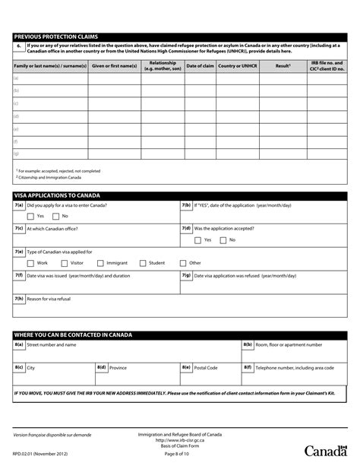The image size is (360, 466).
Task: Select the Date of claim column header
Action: point(200,66)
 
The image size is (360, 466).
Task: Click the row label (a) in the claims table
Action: point(16,78)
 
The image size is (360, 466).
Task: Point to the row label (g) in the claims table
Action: point(16,154)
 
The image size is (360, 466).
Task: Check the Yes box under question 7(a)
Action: point(30,216)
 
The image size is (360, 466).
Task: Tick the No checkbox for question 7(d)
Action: point(223,239)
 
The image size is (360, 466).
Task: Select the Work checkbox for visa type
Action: point(30,262)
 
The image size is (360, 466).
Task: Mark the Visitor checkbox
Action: point(64,262)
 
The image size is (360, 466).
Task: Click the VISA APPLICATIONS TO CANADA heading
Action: point(57,195)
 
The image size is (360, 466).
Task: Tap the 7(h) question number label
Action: point(19,298)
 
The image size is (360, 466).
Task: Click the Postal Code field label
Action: point(205,367)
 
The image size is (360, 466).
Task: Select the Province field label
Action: point(118,367)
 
